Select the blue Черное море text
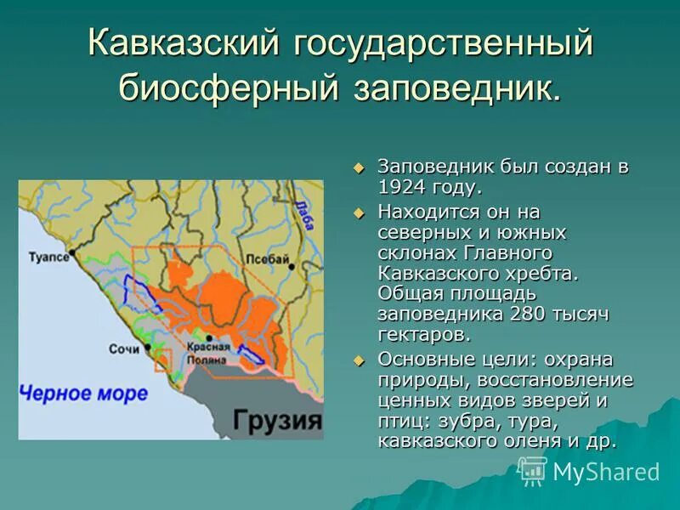pos(83,394)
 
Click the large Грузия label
pos(278,420)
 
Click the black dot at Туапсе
pos(74,256)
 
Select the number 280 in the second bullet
pos(531,314)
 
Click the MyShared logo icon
pos(533,471)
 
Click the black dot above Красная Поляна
pos(207,348)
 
